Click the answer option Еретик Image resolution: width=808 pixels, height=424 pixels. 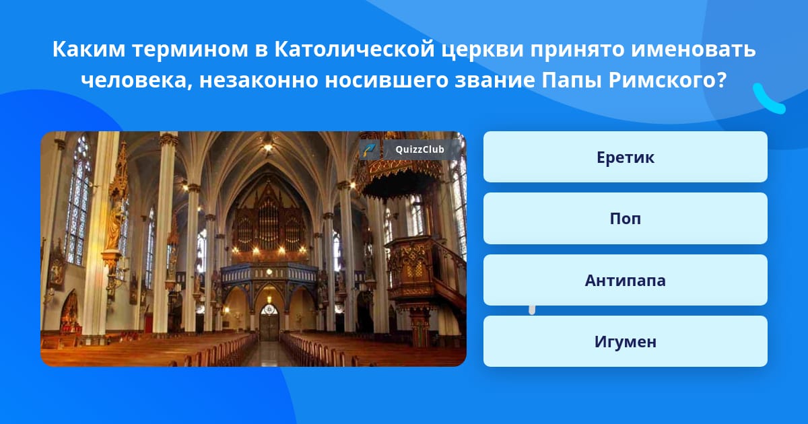[x=625, y=157]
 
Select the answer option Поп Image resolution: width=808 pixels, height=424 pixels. [x=625, y=219]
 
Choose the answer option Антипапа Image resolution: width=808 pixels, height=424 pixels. [x=625, y=280]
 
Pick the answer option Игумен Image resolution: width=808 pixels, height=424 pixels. [x=625, y=341]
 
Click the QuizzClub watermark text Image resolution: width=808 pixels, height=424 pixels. [x=419, y=149]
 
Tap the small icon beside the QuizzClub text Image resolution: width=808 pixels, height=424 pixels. [x=370, y=149]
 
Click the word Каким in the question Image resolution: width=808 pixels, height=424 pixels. [x=89, y=49]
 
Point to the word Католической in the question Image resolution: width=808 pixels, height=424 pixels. [x=354, y=49]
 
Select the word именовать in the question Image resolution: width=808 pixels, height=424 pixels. [x=693, y=49]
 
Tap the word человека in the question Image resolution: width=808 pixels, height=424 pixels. [x=137, y=80]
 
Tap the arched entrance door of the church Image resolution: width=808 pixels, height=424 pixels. [x=269, y=322]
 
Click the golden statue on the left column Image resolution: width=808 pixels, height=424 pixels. [x=116, y=223]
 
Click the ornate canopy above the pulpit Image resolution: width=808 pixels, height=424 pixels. [x=399, y=173]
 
